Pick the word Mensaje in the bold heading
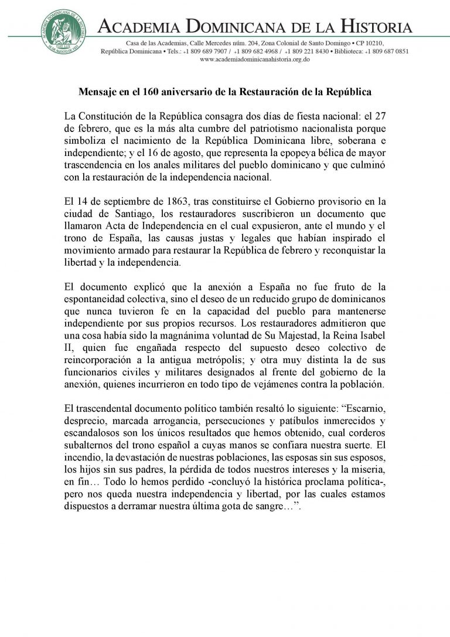[x=97, y=92]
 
